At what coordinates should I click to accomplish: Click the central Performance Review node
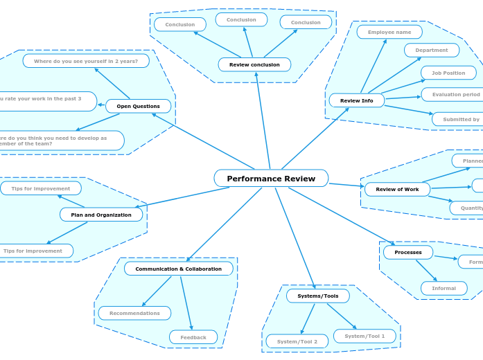pos(271,179)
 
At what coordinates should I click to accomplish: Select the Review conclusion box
pos(254,64)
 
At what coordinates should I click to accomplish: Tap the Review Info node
pos(356,100)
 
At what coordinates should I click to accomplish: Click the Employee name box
pos(389,32)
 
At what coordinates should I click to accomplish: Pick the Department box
pos(431,50)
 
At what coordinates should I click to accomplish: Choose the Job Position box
pos(448,73)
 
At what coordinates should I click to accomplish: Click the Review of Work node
pos(397,189)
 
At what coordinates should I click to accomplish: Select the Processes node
pos(407,252)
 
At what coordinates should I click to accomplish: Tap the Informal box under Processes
pos(444,288)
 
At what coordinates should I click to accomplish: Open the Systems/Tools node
pos(317,296)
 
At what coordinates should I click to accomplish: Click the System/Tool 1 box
pos(365,336)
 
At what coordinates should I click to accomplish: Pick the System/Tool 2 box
pos(297,341)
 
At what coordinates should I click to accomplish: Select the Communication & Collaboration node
pos(178,269)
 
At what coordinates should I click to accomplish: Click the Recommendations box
pos(134,313)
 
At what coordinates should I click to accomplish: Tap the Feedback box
pos(193,337)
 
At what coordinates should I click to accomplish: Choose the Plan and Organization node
pos(101,215)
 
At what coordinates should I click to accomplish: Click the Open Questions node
pos(138,106)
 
